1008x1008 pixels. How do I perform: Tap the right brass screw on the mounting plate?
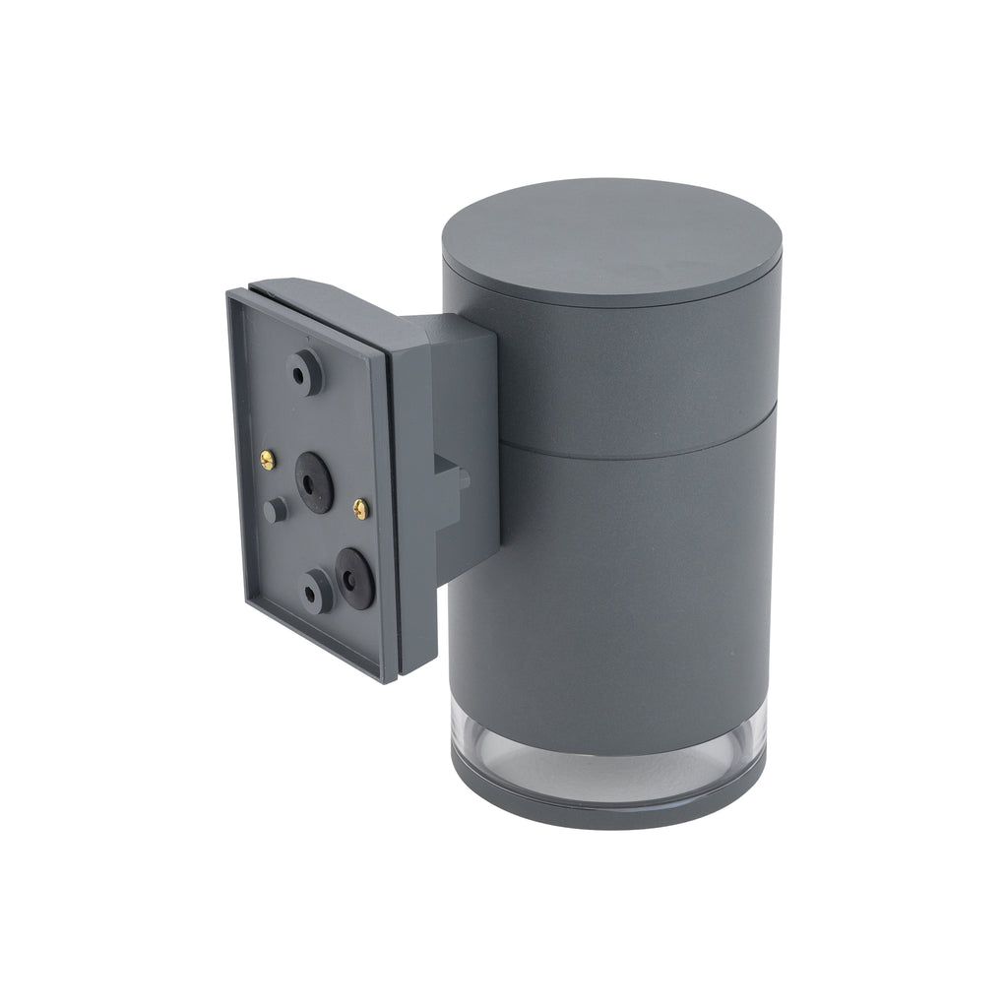360,508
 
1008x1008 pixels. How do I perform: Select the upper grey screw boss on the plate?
304,372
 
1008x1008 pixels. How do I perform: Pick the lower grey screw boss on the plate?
317,590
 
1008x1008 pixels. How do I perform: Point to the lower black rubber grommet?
352,573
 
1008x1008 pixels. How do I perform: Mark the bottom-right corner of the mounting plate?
395,679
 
